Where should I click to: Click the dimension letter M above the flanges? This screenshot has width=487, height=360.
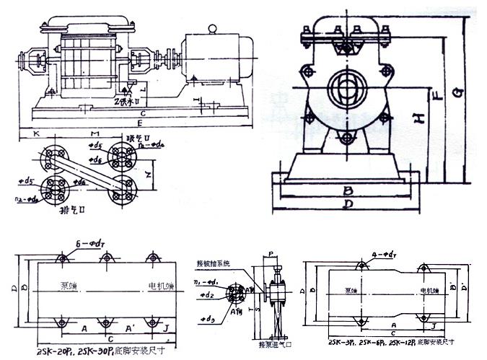click(x=93, y=134)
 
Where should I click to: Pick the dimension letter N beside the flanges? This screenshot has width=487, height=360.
click(x=148, y=173)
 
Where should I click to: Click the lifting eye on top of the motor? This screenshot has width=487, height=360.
click(x=213, y=29)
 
